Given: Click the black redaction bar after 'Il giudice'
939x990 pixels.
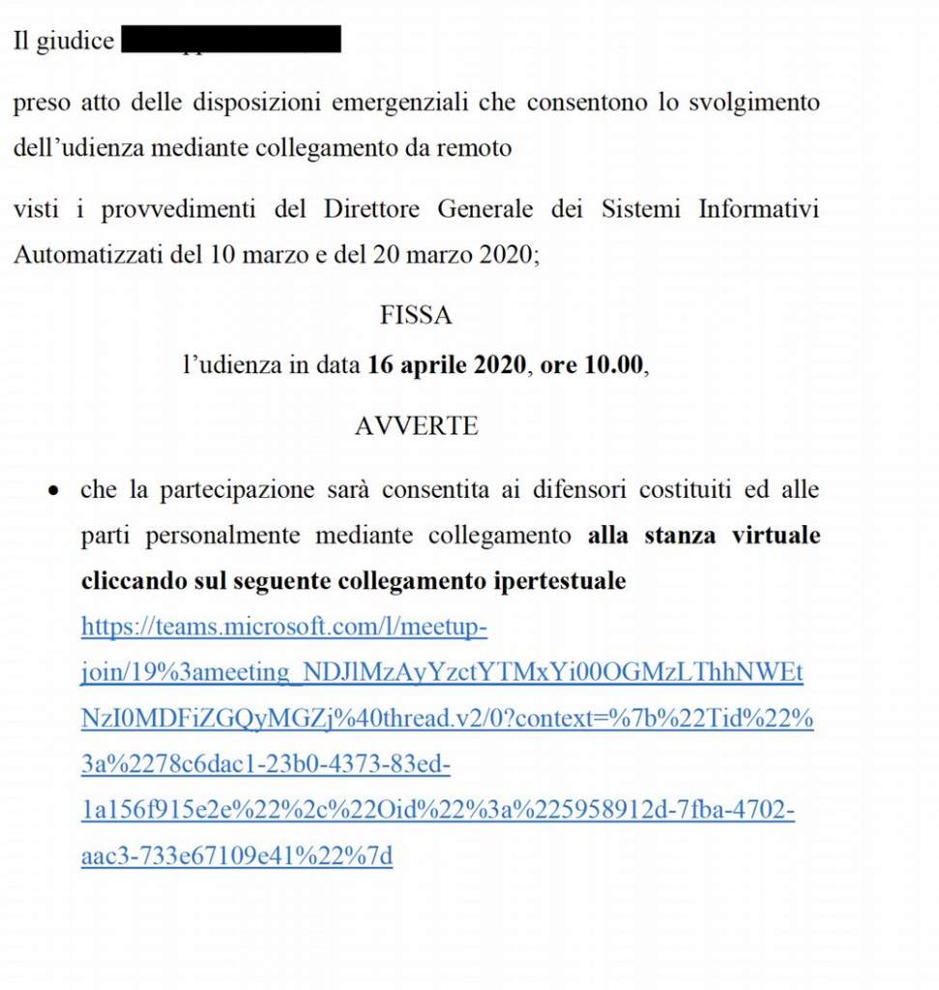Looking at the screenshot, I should point(231,40).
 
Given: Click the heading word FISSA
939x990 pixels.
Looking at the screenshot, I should point(416,315).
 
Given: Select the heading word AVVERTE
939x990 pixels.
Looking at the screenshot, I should point(416,425).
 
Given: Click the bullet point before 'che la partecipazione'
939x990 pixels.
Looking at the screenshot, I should point(53,491).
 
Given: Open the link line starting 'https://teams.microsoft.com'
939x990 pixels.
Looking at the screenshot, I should point(283,627).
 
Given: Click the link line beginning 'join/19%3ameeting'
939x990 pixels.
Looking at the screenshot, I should point(441,673).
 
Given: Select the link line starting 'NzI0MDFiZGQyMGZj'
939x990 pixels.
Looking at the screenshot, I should point(447,719).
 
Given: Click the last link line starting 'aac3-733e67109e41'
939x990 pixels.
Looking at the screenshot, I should point(237,857).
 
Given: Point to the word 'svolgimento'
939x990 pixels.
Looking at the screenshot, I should point(753,102).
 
